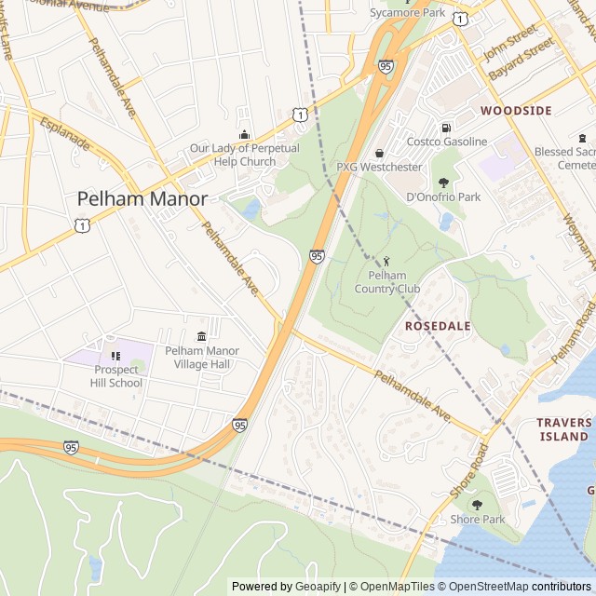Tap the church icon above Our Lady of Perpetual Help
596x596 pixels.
pos(245,134)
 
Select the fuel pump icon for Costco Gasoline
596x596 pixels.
pos(446,128)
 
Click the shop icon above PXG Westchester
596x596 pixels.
pos(379,154)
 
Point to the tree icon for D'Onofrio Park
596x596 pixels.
pos(443,183)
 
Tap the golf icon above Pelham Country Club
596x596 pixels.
pos(387,262)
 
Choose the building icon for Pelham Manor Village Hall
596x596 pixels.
pos(201,336)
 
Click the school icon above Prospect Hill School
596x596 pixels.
pos(116,355)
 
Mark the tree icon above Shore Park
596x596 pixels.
pos(477,505)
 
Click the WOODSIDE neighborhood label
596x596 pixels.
pos(516,110)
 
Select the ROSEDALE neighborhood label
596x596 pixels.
pos(437,326)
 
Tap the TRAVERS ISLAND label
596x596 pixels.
pos(563,429)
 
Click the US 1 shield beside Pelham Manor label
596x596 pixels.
pos(83,225)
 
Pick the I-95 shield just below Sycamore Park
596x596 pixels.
pos(386,66)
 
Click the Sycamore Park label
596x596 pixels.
pos(408,13)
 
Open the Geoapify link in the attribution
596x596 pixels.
pos(317,587)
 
